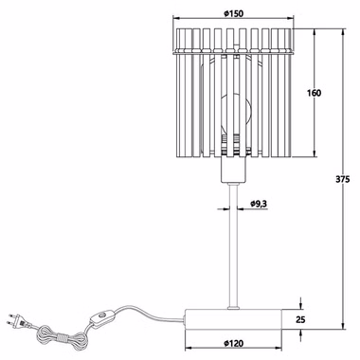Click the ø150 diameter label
(x=234, y=14)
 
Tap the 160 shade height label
(x=314, y=93)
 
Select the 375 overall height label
(x=343, y=179)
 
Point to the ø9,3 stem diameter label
(x=259, y=204)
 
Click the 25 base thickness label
(x=300, y=320)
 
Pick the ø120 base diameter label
(x=234, y=343)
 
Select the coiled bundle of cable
(x=62, y=338)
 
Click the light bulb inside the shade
(x=234, y=111)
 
